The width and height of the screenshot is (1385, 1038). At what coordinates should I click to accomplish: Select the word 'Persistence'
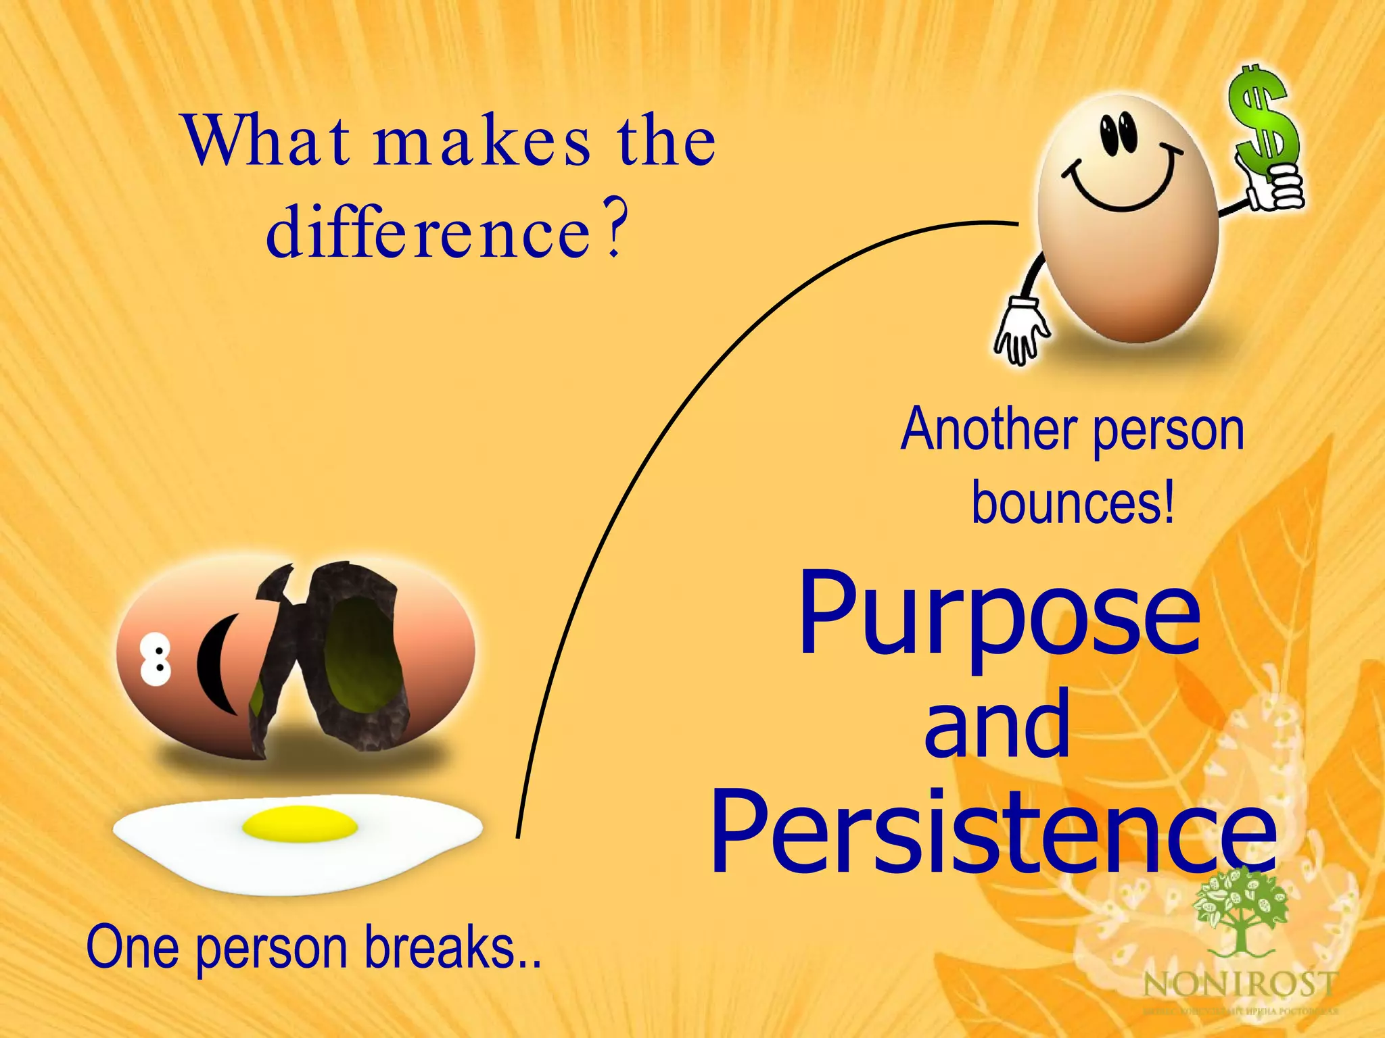(993, 833)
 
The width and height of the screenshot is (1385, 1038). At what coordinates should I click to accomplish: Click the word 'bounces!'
(1073, 503)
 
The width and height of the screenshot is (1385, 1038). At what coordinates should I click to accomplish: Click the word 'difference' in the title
(429, 233)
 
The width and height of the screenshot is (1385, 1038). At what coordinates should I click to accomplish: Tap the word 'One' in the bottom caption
(133, 947)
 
